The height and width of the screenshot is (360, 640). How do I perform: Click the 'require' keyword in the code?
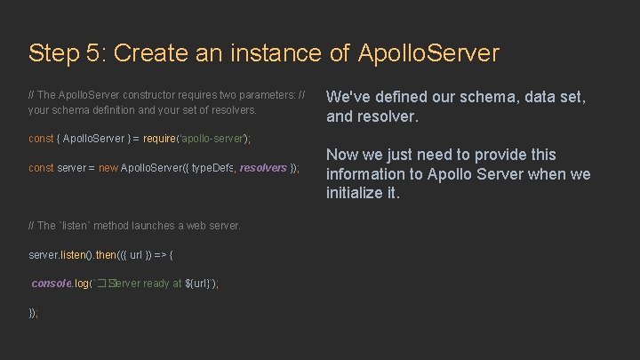pyautogui.click(x=161, y=139)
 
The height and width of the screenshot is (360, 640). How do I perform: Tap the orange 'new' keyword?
pyautogui.click(x=108, y=167)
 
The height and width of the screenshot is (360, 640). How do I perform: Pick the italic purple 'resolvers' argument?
pyautogui.click(x=263, y=167)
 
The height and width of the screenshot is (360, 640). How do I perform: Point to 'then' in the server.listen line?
pyautogui.click(x=106, y=254)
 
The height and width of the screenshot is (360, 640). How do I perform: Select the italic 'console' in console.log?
pyautogui.click(x=51, y=284)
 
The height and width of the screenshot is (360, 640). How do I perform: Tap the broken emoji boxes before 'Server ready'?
pyautogui.click(x=108, y=284)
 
